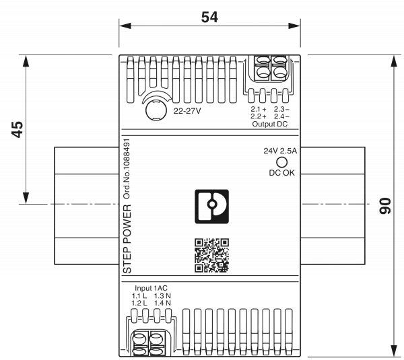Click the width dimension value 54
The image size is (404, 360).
(x=210, y=18)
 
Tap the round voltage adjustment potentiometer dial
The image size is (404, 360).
(x=155, y=106)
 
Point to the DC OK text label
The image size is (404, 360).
(x=282, y=173)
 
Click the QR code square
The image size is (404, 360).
(x=211, y=256)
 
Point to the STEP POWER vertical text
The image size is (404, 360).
(x=126, y=239)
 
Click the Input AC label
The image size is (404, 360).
(x=146, y=288)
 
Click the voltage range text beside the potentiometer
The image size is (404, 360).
(x=187, y=110)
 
